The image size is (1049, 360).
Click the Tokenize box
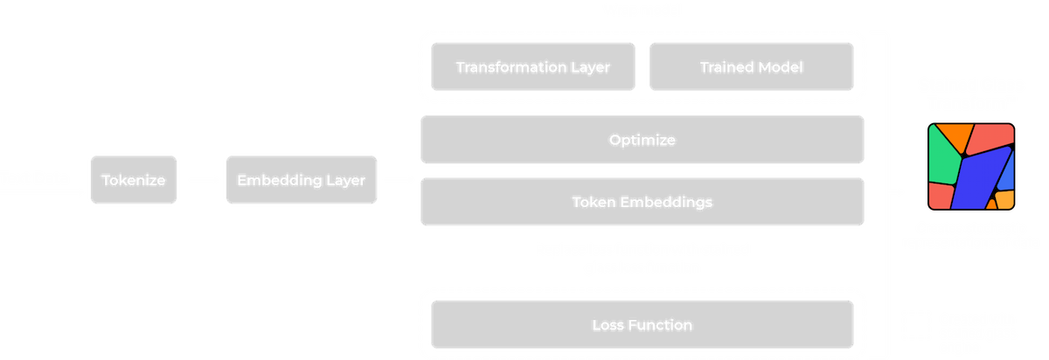133,180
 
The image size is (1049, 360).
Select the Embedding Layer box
301,180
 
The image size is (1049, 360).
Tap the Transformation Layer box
532,66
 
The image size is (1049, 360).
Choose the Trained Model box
751,66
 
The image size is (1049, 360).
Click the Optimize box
643,140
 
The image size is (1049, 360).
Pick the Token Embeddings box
643,202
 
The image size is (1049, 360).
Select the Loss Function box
643,325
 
